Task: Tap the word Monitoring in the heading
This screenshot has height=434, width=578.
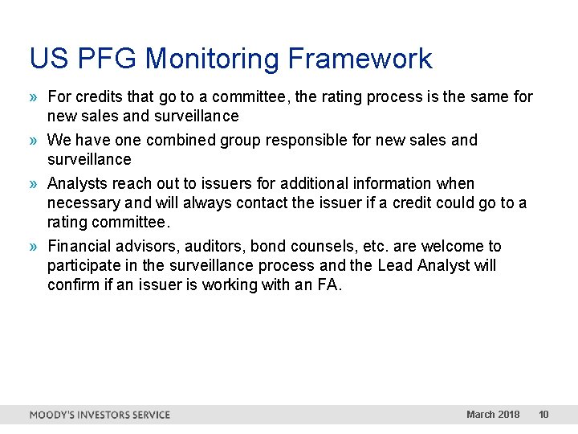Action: tap(212, 59)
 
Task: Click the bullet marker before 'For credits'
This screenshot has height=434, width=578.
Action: tap(35, 97)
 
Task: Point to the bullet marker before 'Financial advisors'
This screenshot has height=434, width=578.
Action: tap(35, 247)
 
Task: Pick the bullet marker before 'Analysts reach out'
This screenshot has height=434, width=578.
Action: tap(35, 184)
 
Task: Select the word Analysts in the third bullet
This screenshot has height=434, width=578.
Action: tap(78, 184)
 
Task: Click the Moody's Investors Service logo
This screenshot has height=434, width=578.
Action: tap(100, 415)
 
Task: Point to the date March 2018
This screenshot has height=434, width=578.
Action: tap(493, 415)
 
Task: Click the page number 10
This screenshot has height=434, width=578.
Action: tap(543, 415)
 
